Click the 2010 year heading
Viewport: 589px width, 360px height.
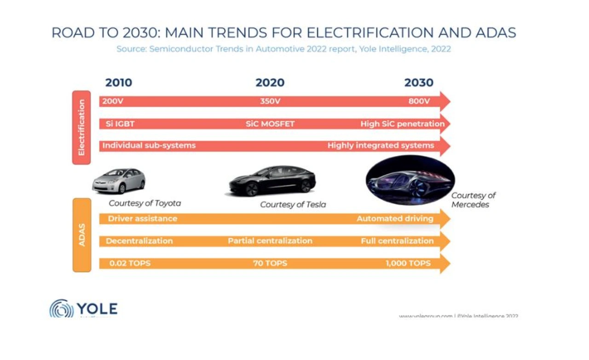click(x=118, y=83)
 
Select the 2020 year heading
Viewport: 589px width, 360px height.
click(x=270, y=83)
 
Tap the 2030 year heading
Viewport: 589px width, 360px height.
click(x=419, y=83)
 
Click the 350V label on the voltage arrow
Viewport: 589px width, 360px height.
click(x=270, y=101)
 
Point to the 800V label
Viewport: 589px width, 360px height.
click(x=419, y=101)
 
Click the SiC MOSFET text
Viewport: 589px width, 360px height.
click(x=270, y=124)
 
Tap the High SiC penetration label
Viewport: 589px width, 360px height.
click(x=402, y=124)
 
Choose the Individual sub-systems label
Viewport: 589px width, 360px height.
click(x=149, y=145)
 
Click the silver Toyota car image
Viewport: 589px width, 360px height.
click(x=118, y=180)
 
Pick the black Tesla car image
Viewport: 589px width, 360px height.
click(x=272, y=181)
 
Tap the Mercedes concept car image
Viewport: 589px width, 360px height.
click(x=410, y=180)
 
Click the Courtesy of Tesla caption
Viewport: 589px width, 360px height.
click(x=293, y=205)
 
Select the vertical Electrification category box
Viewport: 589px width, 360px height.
click(x=81, y=127)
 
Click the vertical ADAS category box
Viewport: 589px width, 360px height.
click(x=82, y=235)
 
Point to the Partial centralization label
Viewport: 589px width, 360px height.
click(x=270, y=241)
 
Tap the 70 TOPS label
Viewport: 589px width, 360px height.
click(x=270, y=263)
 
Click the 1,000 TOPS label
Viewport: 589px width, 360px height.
click(x=408, y=263)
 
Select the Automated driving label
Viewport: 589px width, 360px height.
click(x=395, y=219)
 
